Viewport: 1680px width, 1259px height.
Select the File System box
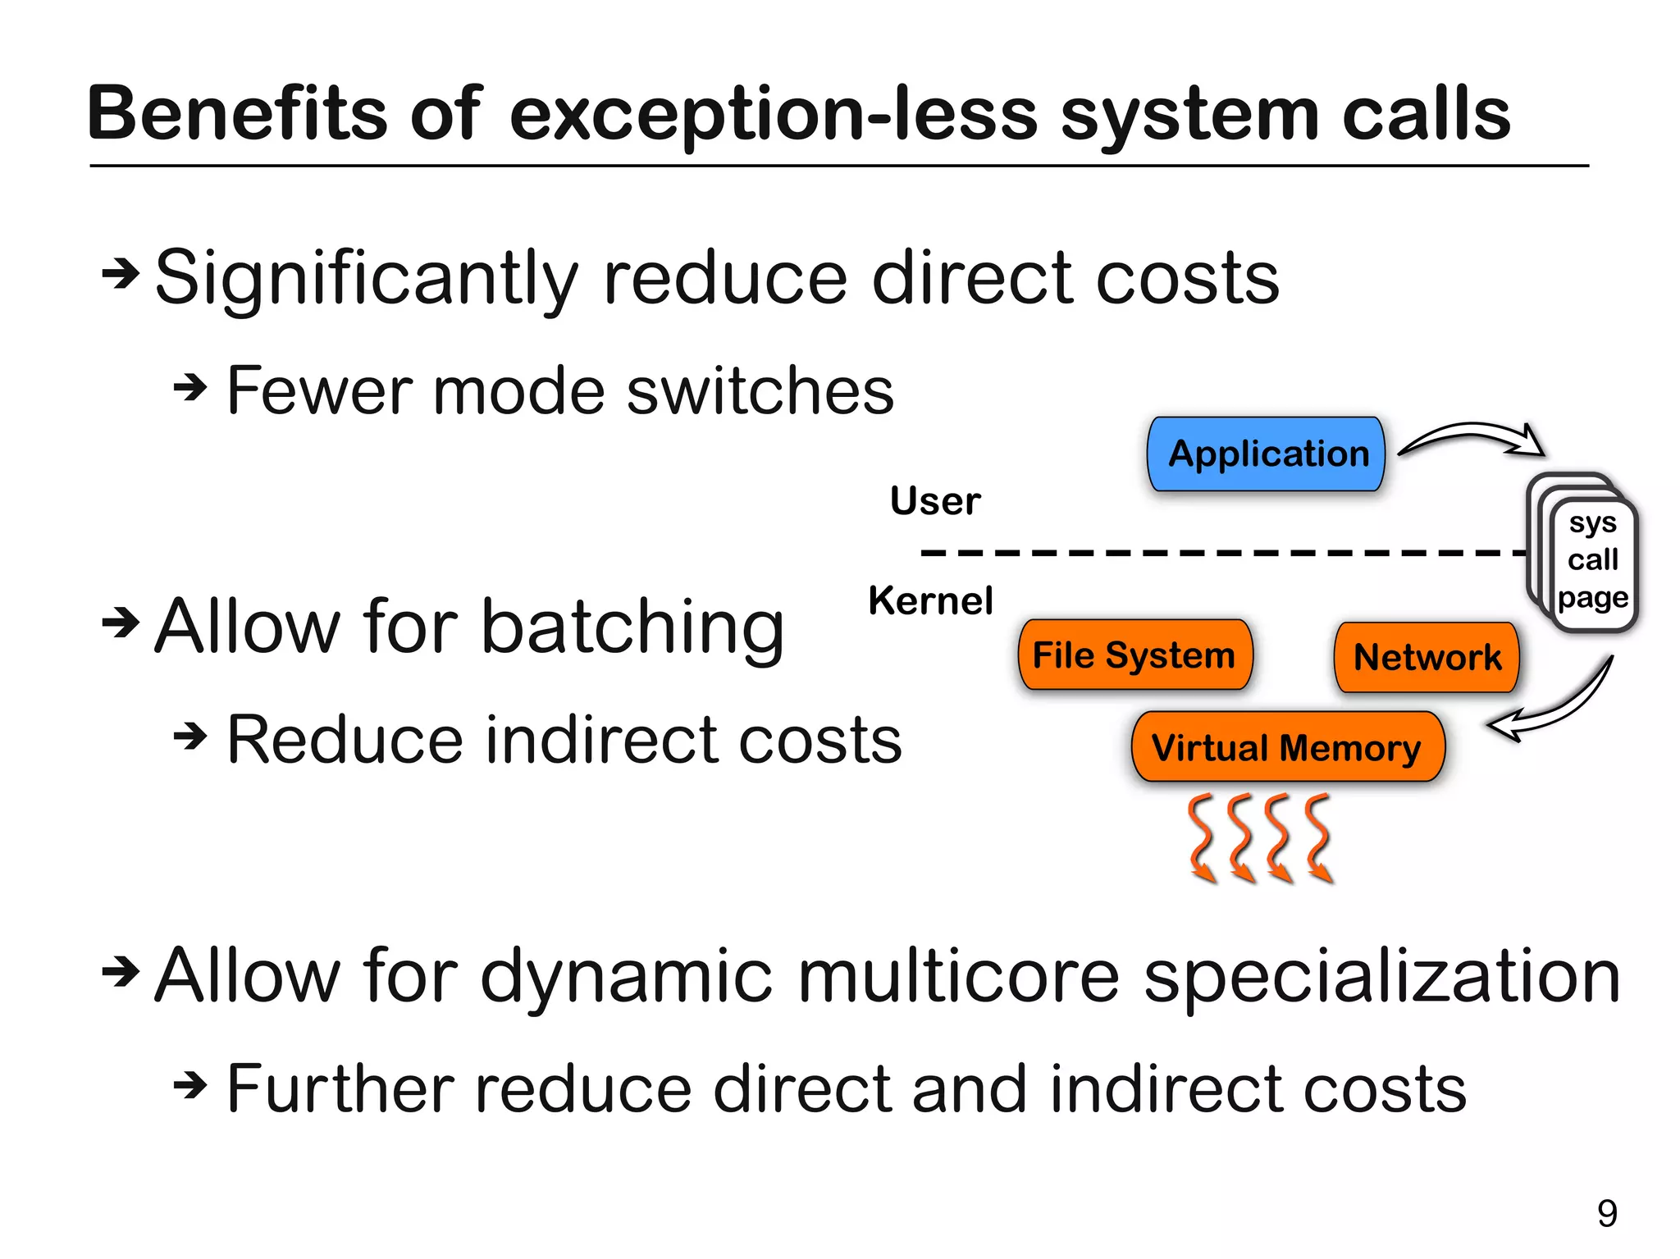tap(1134, 655)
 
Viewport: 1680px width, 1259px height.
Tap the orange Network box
tap(1427, 657)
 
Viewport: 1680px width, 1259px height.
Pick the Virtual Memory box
tap(1286, 747)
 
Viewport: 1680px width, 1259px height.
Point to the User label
tap(935, 500)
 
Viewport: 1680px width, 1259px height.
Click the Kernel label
tap(930, 600)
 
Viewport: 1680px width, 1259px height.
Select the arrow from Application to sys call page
tap(1472, 437)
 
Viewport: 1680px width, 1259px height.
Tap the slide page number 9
tap(1607, 1213)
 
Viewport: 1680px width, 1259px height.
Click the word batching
tap(632, 627)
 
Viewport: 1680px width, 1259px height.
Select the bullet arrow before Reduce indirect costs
tap(190, 736)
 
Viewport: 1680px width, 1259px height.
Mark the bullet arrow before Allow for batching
tap(121, 623)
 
